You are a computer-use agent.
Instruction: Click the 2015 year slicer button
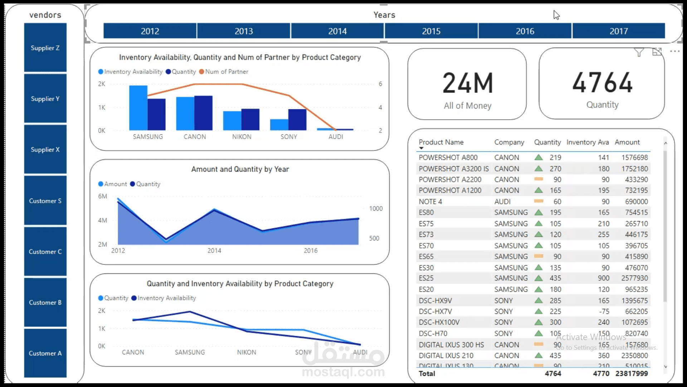coord(431,31)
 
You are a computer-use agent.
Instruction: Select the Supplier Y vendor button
coord(45,99)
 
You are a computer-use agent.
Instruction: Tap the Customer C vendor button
coord(45,252)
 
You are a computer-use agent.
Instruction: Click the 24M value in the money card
coord(468,83)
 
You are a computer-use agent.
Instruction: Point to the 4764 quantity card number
coord(602,82)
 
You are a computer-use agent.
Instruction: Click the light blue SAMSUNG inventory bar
coord(138,107)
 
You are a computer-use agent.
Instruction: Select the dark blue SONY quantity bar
coord(297,119)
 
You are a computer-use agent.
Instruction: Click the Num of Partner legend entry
coord(226,72)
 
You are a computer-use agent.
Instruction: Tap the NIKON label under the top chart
coord(242,137)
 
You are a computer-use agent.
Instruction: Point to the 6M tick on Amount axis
coord(102,196)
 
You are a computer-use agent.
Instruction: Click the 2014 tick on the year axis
coord(214,250)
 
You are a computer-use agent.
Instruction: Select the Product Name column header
coord(441,142)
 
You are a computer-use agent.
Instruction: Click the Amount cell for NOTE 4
coord(636,201)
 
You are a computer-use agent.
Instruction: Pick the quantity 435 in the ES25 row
coord(555,278)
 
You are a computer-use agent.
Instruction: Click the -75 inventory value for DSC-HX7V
coord(604,311)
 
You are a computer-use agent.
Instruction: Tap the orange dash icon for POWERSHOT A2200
coord(539,179)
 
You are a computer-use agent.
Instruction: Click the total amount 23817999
coord(632,373)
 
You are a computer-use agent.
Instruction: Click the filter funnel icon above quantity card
coord(639,52)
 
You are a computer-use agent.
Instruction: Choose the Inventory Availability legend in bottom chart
coord(166,298)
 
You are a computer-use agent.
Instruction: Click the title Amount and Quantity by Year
coord(240,169)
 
